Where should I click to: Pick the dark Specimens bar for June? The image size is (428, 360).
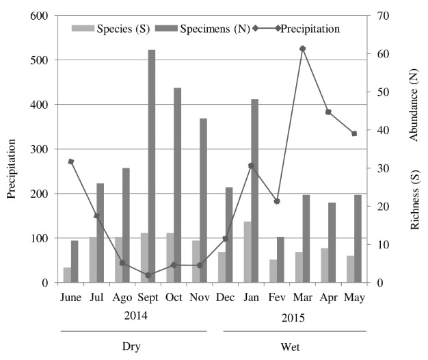coord(75,261)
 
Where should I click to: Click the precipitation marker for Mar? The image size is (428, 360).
coord(302,49)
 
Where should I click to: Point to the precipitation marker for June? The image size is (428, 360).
coord(71,162)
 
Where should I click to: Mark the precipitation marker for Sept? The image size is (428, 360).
coord(148,275)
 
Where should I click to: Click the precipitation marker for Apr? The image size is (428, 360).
coord(328,112)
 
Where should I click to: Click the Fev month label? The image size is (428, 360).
coord(276,298)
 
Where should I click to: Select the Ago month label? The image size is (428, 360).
coord(122,298)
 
